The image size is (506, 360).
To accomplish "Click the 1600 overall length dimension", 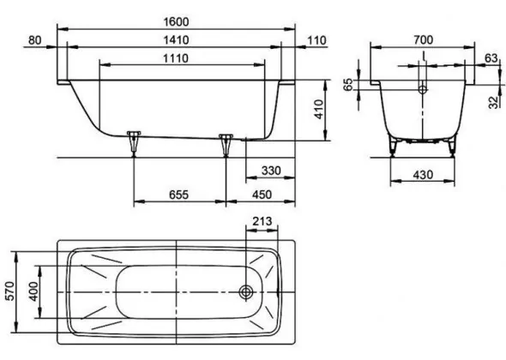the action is pyautogui.click(x=176, y=22).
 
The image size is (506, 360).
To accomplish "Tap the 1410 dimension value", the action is pyautogui.click(x=176, y=40).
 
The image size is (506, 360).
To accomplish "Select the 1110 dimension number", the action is pyautogui.click(x=176, y=58).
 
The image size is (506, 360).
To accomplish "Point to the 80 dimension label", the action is pyautogui.click(x=35, y=40).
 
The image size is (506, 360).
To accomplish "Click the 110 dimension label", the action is pyautogui.click(x=316, y=40).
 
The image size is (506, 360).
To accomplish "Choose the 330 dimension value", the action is pyautogui.click(x=271, y=171).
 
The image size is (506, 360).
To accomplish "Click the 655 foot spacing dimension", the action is pyautogui.click(x=178, y=195).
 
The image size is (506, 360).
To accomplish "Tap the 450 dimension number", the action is pyautogui.click(x=262, y=195).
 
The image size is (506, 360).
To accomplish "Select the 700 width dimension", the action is pyautogui.click(x=423, y=40).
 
